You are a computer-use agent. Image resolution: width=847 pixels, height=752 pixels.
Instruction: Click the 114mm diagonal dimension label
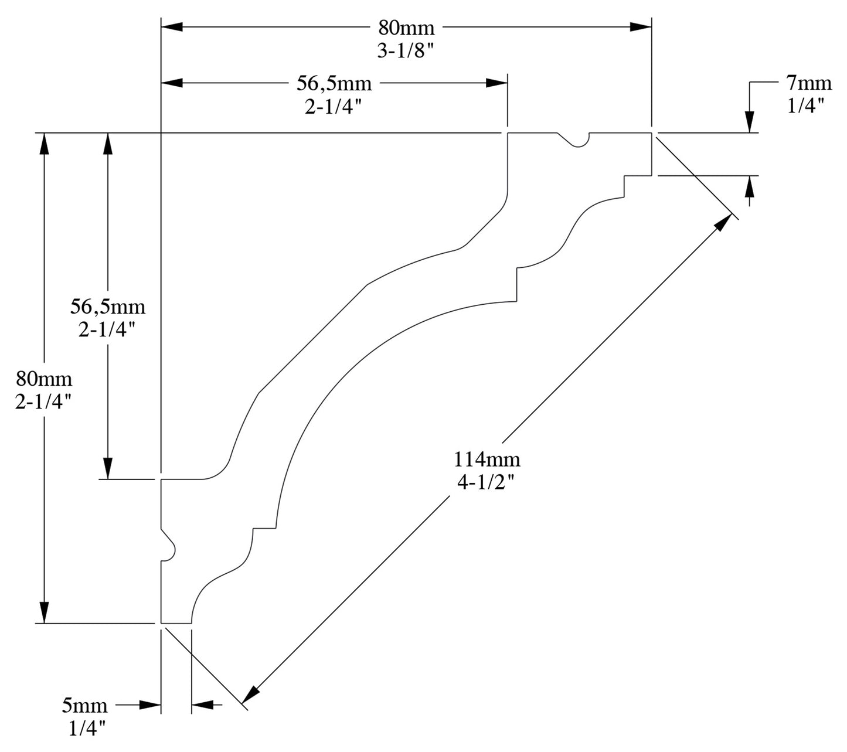click(x=487, y=458)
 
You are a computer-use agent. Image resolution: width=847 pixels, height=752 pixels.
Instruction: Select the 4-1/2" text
click(x=487, y=482)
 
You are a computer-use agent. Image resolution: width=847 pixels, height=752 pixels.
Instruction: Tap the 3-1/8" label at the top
click(x=406, y=51)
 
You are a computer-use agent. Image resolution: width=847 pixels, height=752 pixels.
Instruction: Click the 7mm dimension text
click(x=809, y=83)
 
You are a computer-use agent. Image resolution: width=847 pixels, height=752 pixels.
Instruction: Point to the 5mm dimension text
click(x=84, y=705)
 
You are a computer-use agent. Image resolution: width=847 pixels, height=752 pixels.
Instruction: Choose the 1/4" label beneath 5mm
click(x=87, y=729)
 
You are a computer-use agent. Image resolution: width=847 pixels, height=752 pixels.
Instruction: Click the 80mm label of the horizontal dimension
click(x=406, y=28)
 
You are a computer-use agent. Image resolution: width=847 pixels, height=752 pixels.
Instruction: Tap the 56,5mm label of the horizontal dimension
click(x=334, y=83)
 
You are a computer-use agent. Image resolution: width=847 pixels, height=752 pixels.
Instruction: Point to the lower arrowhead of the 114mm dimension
click(x=250, y=695)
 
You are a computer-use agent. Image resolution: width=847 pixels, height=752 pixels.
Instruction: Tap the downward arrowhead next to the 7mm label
click(x=750, y=123)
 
